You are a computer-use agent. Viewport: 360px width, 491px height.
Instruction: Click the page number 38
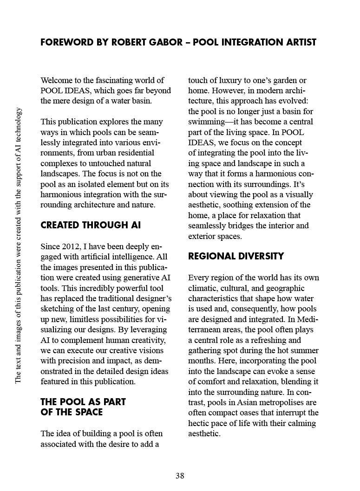(180, 475)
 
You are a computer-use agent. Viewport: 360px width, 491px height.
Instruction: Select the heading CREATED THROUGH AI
(91, 226)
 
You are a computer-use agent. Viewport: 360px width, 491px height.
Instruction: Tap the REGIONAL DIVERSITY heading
(236, 256)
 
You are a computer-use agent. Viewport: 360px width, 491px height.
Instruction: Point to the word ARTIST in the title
(299, 42)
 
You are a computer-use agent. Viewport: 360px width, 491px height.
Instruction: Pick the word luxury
(225, 80)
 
